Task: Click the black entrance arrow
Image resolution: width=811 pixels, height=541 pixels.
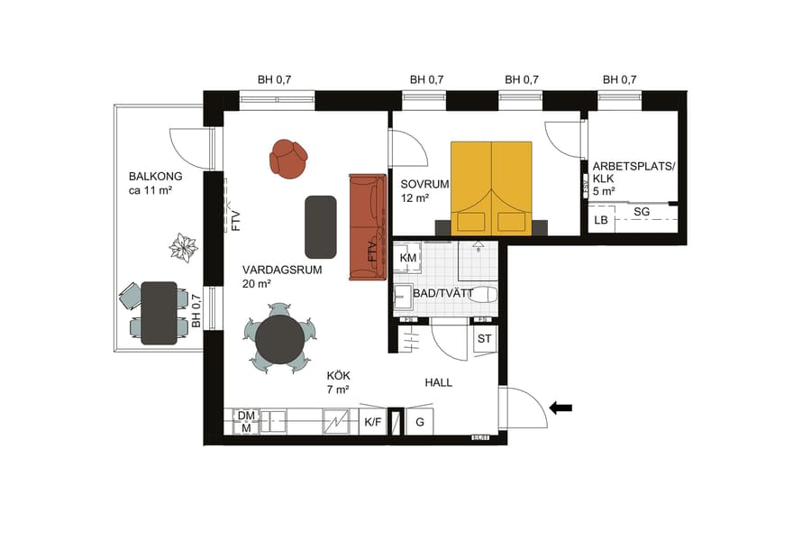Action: pos(560,408)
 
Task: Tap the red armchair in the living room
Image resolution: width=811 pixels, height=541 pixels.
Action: pos(288,159)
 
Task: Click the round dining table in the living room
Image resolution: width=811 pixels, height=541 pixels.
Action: pos(279,339)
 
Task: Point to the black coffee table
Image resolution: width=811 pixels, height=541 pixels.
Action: pos(321,225)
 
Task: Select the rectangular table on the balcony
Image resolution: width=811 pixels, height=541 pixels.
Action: pos(159,313)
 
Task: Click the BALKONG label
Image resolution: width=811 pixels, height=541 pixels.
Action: pos(155,177)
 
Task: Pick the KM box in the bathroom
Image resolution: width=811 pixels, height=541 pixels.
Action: pos(407,258)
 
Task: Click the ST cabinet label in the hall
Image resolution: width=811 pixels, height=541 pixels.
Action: pos(484,339)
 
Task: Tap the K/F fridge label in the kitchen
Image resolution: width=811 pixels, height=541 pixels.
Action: pos(372,422)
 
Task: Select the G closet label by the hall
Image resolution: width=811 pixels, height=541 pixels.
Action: pos(419,422)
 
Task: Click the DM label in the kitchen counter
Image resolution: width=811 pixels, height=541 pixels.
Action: pos(246,415)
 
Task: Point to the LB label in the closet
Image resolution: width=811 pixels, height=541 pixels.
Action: pos(600,220)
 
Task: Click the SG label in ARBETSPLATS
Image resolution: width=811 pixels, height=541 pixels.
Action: pos(642,211)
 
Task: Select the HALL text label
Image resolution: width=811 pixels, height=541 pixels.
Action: pos(438,382)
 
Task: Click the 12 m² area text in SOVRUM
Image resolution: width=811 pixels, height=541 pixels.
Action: pos(415,198)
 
